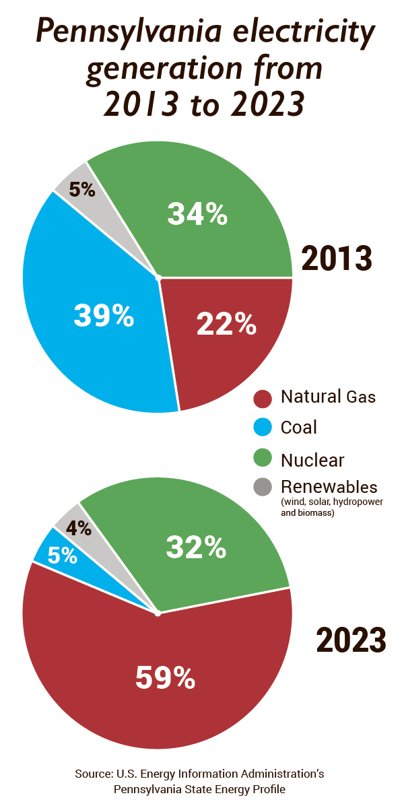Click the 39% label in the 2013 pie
click(103, 314)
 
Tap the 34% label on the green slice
click(197, 213)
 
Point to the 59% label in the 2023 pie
click(165, 677)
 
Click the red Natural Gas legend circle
click(263, 397)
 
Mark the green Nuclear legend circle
click(263, 459)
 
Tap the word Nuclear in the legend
click(312, 460)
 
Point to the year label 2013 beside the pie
click(336, 259)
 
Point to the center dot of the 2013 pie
click(158, 277)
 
